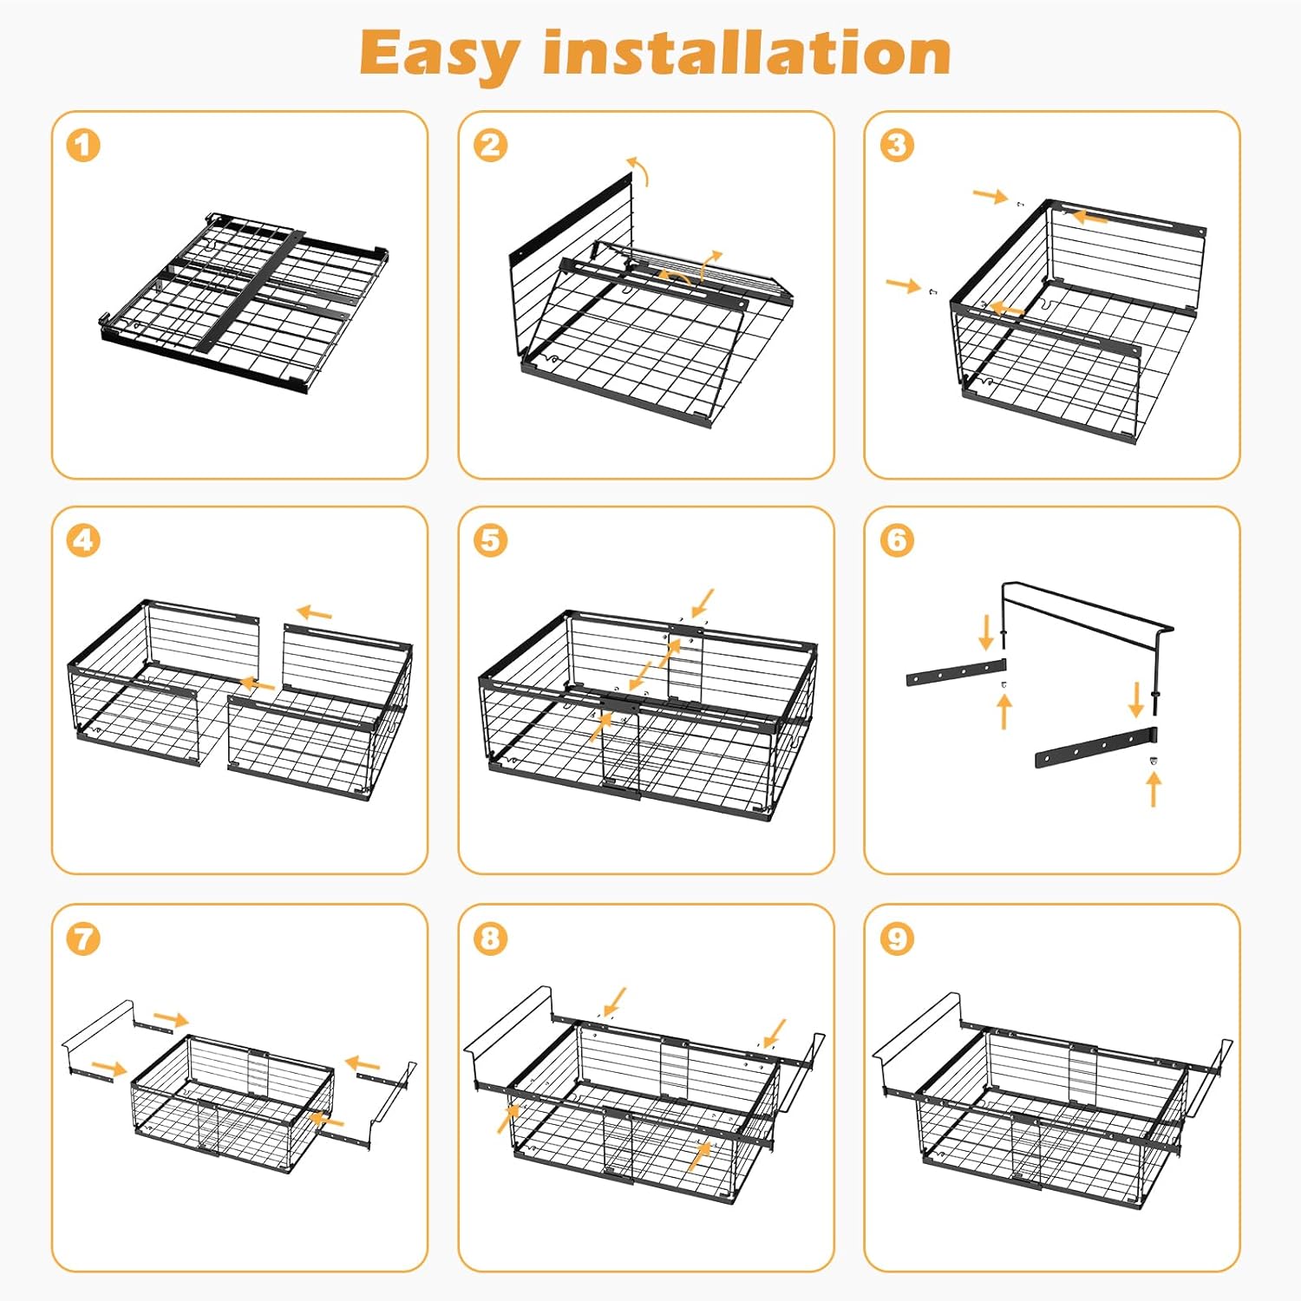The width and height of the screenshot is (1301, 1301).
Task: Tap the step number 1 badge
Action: pos(83,145)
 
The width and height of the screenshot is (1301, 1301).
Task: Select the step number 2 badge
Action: pos(490,145)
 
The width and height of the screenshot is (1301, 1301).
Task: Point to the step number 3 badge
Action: pos(897,145)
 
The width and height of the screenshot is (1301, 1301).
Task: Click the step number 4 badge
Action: pos(83,540)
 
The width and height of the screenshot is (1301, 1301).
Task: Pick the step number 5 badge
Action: pos(490,540)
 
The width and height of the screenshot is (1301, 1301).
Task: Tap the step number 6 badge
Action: pos(897,540)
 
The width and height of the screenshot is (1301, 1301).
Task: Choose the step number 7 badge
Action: pos(83,938)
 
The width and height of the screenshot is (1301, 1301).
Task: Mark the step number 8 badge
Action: pos(490,938)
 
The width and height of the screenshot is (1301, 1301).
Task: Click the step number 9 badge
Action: pos(897,938)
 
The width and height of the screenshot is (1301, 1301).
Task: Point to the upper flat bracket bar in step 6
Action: pos(956,672)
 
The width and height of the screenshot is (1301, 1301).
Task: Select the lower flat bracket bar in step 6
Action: pos(1095,746)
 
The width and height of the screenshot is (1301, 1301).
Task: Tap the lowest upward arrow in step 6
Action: pos(1154,789)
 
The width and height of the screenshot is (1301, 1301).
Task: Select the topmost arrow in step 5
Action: pos(703,601)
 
